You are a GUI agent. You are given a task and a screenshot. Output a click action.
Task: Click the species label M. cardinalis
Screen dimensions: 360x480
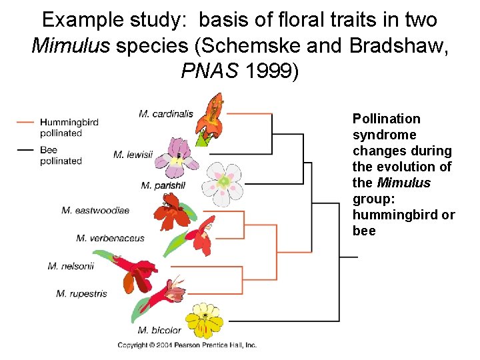165,114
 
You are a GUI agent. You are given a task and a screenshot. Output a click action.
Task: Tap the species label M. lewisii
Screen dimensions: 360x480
133,155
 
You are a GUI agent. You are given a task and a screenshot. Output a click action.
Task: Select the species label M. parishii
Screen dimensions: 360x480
163,185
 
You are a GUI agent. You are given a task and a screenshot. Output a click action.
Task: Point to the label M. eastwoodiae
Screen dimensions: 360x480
95,211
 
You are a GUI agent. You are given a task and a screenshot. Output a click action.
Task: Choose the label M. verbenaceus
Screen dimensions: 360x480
110,238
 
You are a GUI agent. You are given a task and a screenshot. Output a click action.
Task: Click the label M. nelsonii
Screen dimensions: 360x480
71,266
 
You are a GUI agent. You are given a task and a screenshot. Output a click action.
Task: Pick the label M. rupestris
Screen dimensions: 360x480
81,293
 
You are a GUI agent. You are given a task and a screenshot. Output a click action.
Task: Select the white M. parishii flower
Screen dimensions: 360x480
224,181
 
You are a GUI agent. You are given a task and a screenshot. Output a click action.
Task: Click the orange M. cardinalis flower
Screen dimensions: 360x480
213,113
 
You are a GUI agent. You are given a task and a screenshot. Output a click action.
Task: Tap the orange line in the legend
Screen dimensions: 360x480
25,122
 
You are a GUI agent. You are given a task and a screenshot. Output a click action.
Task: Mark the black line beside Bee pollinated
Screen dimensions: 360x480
25,150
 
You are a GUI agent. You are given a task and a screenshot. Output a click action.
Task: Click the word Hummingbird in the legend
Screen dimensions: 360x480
69,123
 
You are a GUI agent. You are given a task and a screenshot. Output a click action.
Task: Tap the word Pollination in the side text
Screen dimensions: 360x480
386,119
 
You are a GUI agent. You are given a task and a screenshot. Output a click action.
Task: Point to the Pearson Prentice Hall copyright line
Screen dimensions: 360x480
187,345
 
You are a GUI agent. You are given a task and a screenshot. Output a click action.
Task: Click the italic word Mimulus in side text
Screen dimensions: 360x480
403,183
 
